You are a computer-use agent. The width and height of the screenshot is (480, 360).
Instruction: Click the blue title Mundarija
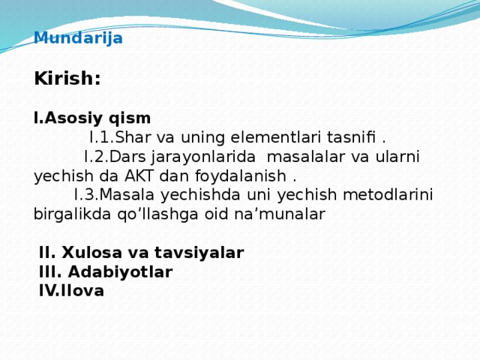[x=78, y=38]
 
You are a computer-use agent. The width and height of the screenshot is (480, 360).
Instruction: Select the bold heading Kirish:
[x=67, y=78]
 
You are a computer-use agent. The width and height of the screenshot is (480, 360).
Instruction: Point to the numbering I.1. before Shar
[x=102, y=137]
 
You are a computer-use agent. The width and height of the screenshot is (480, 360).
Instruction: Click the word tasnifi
[x=351, y=137]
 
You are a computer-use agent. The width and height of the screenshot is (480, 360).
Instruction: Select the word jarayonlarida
[x=203, y=157]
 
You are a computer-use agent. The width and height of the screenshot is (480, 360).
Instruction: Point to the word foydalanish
[x=241, y=177]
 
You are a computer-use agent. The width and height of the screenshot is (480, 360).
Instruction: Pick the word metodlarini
[x=388, y=195]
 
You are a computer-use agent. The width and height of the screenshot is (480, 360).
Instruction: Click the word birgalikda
[x=72, y=214]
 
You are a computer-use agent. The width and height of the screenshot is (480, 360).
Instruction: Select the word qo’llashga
[x=157, y=214]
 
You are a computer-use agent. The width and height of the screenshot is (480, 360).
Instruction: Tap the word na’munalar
[x=280, y=214]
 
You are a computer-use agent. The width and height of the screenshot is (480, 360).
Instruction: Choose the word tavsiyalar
[x=199, y=253]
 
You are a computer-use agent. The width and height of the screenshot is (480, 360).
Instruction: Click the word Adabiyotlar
[x=120, y=272]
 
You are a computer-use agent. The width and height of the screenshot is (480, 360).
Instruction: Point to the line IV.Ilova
[x=71, y=291]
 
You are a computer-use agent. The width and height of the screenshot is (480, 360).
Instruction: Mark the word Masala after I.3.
[x=127, y=195]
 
